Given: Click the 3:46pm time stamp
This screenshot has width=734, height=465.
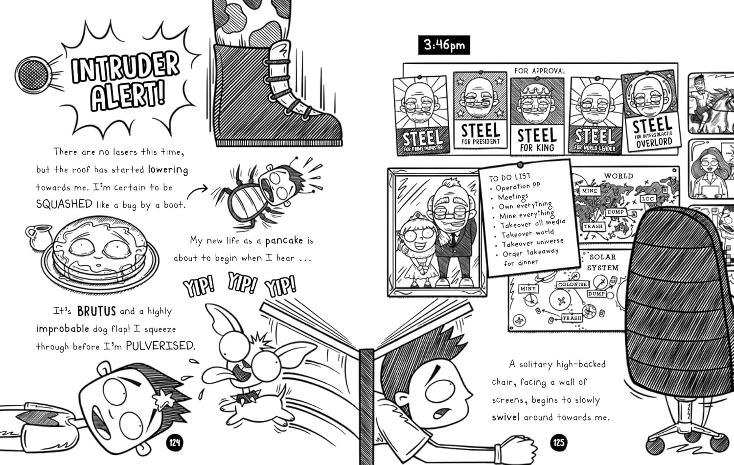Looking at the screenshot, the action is [x=444, y=45].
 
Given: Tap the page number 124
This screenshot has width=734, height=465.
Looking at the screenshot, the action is [x=174, y=443].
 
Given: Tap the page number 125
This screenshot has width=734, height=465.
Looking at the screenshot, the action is [x=559, y=443].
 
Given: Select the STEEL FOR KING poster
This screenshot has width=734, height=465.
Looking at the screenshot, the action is [x=537, y=116].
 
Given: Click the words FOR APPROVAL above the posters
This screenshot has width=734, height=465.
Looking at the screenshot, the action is [x=540, y=71].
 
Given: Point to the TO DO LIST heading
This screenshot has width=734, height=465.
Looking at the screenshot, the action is [x=509, y=177].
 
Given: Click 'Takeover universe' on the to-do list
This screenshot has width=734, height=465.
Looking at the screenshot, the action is [x=533, y=243].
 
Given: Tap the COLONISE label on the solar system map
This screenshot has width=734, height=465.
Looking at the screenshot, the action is [x=573, y=284].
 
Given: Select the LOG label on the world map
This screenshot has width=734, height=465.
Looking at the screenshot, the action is [x=648, y=199].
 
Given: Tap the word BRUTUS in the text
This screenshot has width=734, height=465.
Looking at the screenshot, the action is [x=96, y=311].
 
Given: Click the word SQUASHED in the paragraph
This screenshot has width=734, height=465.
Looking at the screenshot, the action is [x=64, y=204].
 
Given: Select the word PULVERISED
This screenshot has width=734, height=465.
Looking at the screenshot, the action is [x=160, y=346].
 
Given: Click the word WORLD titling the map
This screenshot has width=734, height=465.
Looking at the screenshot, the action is [x=619, y=176].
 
